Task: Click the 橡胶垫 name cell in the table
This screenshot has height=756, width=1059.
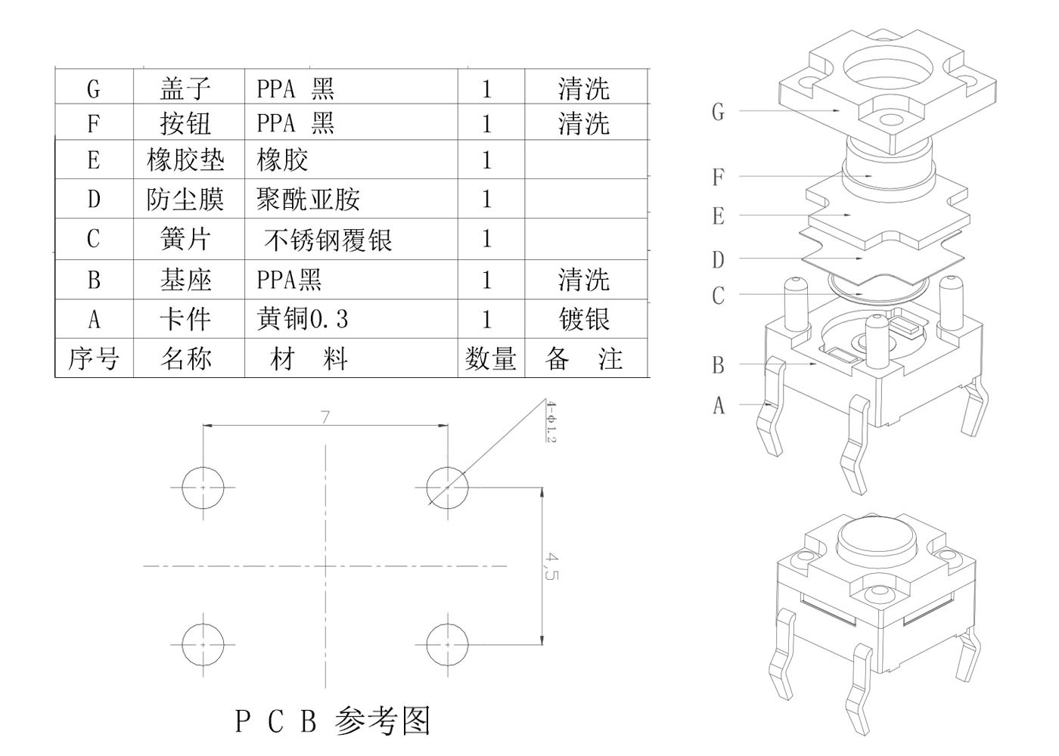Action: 185,160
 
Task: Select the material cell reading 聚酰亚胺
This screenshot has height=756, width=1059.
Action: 309,200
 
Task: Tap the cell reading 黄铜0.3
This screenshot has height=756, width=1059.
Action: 303,319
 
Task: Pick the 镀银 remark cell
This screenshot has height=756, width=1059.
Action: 585,319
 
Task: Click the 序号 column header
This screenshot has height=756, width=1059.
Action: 94,358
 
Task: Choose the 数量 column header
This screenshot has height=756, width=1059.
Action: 491,358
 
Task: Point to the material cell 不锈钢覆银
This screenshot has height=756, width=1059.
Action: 328,240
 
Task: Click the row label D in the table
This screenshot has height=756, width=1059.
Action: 94,200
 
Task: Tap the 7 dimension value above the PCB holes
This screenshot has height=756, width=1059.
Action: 325,417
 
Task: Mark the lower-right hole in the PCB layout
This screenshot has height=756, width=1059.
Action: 447,644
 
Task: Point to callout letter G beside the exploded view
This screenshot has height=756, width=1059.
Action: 718,112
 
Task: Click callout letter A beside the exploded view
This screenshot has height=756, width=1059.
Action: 719,406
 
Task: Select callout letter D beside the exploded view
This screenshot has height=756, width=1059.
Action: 718,260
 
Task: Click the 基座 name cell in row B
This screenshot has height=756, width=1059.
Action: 185,280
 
